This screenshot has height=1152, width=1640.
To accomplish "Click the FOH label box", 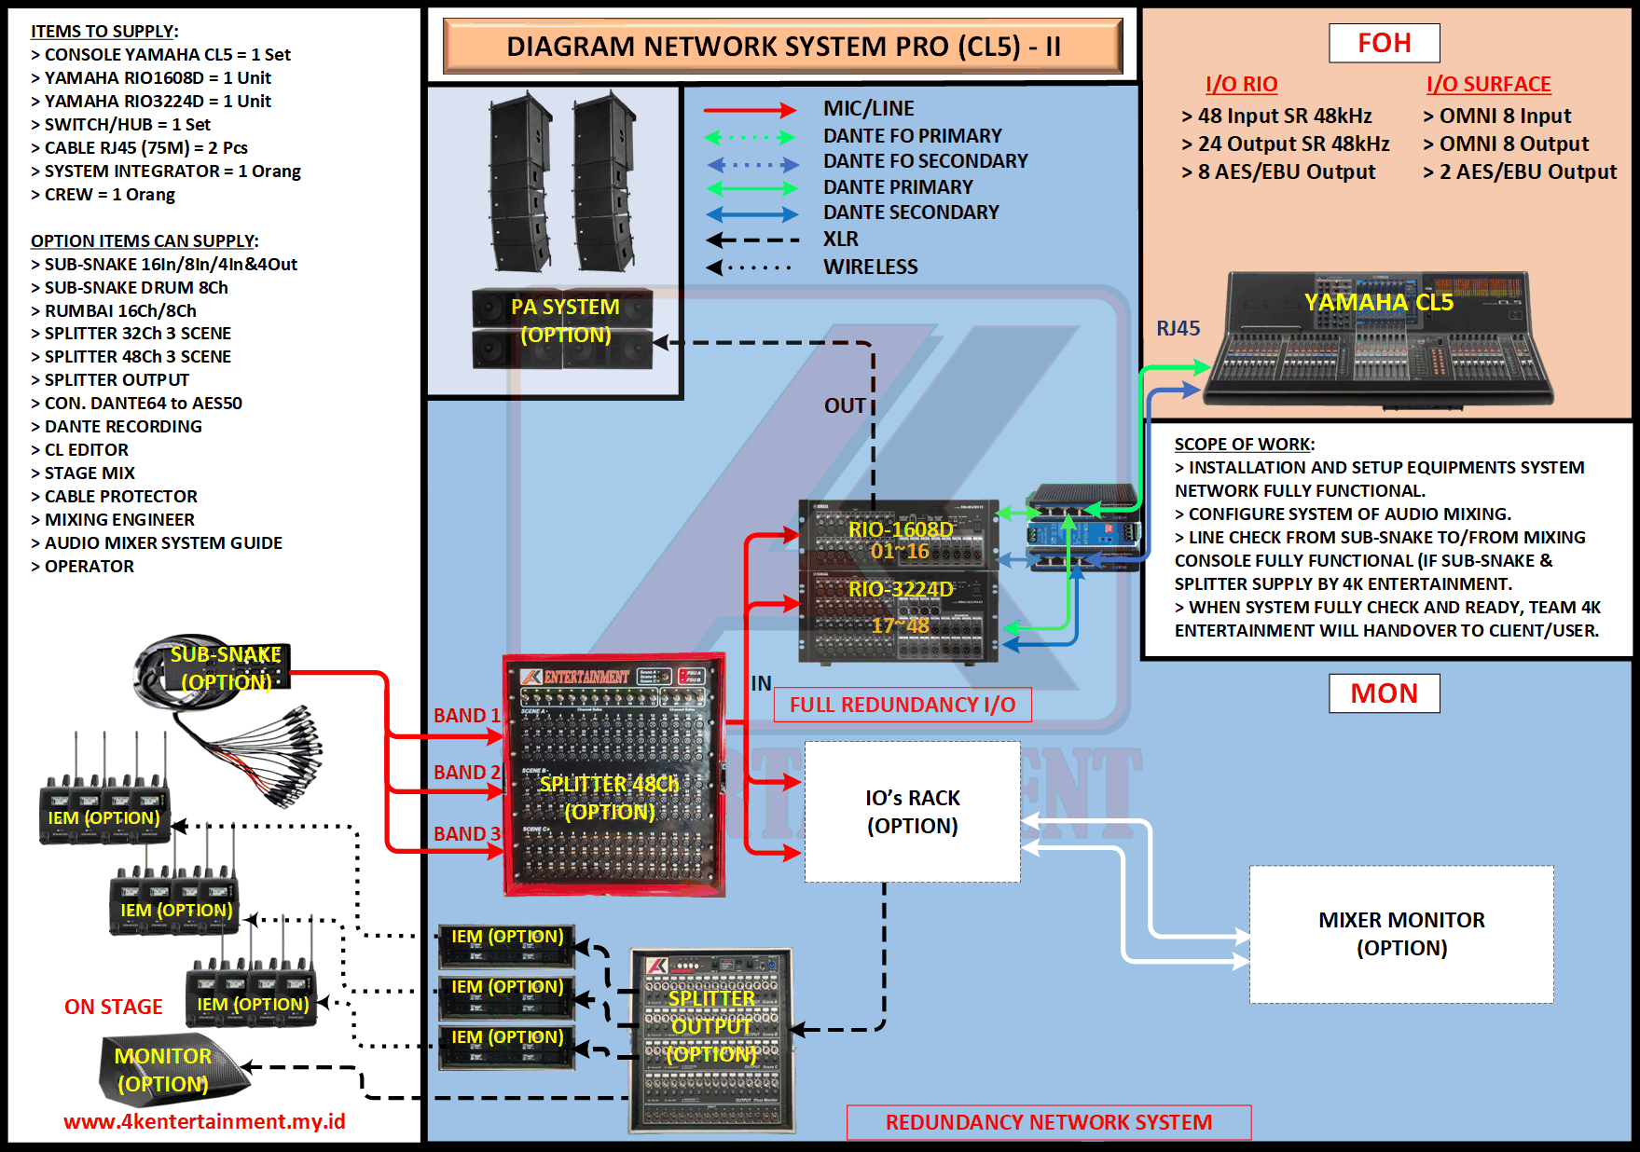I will coord(1384,43).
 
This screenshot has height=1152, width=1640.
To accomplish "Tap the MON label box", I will coord(1384,693).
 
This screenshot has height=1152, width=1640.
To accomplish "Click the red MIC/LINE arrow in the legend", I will coord(750,110).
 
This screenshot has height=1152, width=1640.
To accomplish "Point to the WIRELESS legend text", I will coord(870,267).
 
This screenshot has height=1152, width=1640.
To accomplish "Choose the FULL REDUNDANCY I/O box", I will coord(903,705).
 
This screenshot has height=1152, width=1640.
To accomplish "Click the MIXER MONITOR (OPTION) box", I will coord(1400,934).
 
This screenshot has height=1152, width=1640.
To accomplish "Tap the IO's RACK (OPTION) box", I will coord(912,812).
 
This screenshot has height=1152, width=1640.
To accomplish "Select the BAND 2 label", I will coord(466,773).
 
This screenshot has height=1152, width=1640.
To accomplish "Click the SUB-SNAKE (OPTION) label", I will coord(226,668).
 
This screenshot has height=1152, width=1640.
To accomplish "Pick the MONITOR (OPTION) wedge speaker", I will coord(168,1070).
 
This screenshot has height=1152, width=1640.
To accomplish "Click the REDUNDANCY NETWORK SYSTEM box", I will coord(1048,1122).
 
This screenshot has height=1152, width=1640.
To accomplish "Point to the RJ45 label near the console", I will coord(1178,329).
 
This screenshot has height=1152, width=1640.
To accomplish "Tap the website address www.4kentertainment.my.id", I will coord(204,1121).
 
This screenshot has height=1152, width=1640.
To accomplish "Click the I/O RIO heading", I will coord(1241,85).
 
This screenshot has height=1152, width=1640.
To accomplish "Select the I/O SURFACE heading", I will coord(1488,85).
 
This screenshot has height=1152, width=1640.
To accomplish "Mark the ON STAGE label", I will coord(113,1007).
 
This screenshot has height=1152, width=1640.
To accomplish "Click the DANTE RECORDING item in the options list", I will coord(123,427).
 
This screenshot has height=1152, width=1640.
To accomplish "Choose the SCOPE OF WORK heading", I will coord(1244,445).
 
